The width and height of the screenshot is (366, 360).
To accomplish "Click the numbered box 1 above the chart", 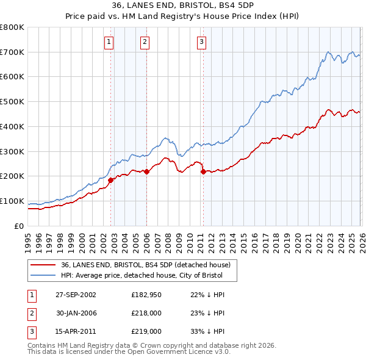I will coord(109,42).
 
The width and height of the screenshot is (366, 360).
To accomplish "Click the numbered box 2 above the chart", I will coord(145,42).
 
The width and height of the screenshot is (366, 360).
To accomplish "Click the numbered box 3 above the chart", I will coord(201,42).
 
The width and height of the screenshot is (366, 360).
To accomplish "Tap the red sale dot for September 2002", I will coord(111,180).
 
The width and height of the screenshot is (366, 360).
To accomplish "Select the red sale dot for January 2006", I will coord(146,171).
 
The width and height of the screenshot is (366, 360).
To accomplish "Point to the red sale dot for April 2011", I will coord(203,171).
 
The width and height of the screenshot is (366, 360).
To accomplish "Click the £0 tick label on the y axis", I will coord(18,226).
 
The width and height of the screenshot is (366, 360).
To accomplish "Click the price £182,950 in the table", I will coord(145,295).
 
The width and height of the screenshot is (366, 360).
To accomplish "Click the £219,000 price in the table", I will coord(145,331).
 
